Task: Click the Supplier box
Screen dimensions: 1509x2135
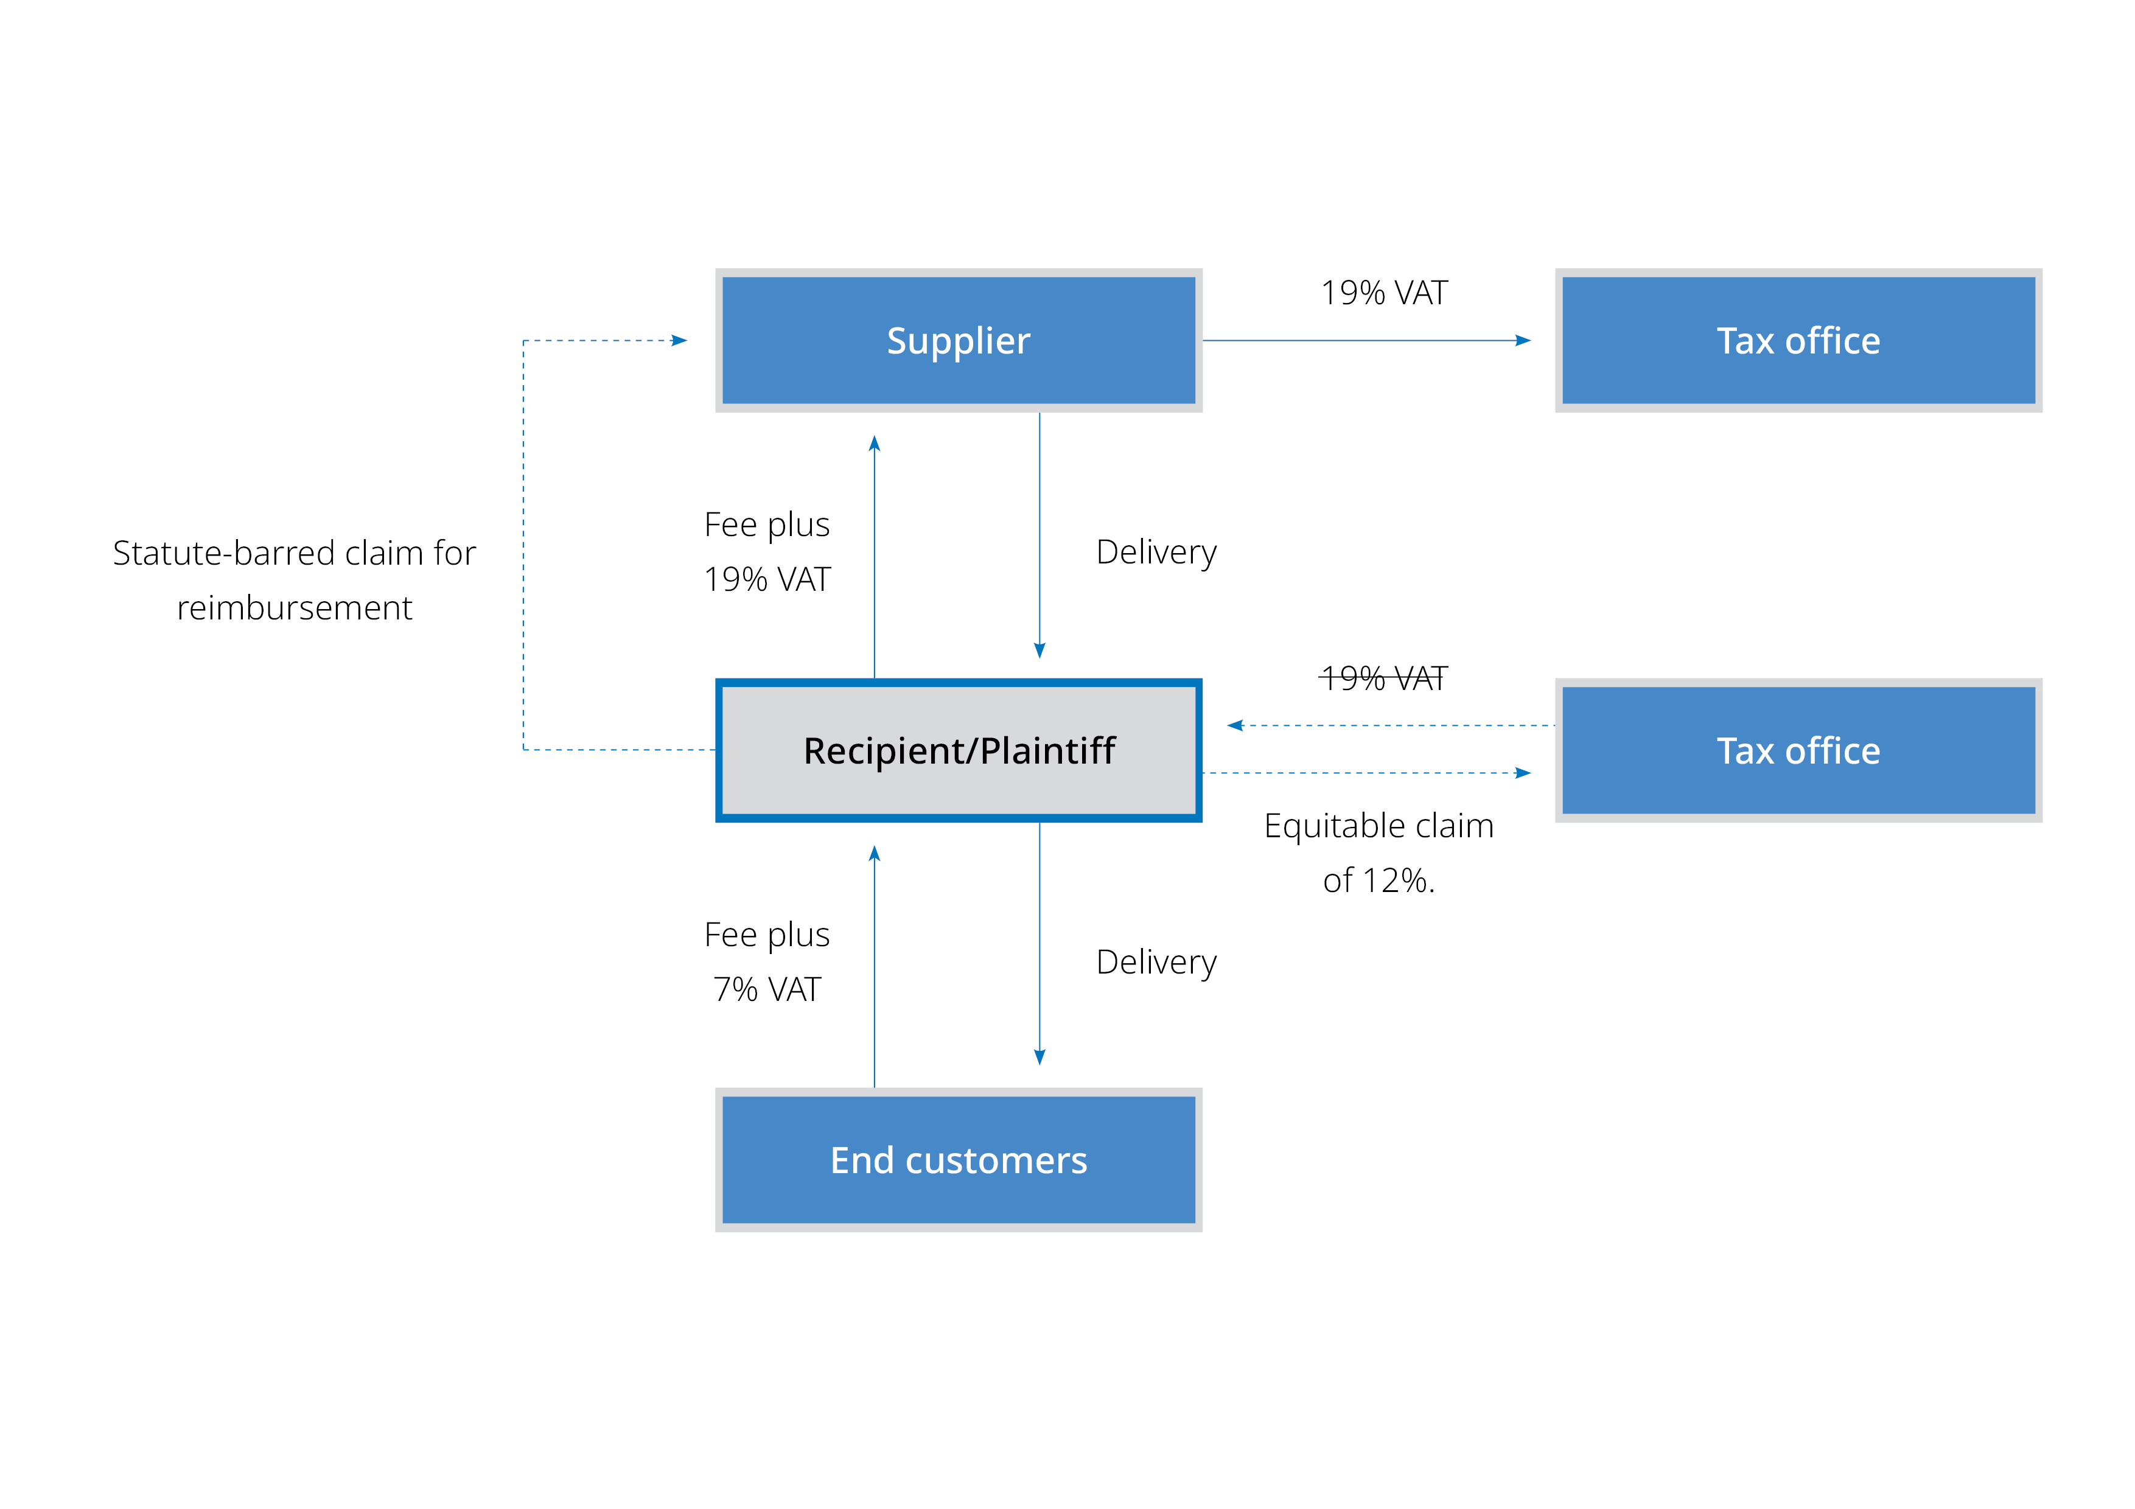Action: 958,340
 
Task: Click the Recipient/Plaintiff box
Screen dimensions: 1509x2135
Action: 958,750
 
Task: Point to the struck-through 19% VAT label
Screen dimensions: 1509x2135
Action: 1383,678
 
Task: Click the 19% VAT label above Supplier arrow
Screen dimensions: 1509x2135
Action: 1383,293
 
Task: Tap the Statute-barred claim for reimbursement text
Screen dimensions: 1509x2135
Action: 294,579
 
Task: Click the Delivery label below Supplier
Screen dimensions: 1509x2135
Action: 1156,552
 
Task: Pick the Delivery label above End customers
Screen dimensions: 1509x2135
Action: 1156,963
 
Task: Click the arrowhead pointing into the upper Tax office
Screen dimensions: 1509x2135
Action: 1523,340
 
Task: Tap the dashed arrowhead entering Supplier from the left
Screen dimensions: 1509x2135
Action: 680,340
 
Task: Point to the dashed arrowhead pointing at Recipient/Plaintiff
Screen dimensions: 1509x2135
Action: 1235,725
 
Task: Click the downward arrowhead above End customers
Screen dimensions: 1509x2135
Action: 1040,1057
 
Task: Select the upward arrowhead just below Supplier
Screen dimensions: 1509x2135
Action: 874,444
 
